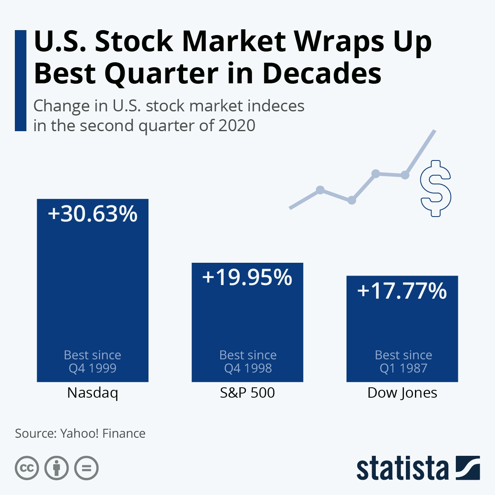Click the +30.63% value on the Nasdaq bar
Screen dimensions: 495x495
click(x=92, y=214)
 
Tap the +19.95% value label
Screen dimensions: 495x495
click(x=247, y=277)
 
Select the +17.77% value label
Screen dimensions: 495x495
click(x=402, y=290)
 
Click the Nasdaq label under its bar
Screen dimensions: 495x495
click(x=92, y=393)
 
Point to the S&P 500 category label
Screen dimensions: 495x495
click(x=247, y=393)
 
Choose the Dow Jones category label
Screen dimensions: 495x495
click(x=402, y=393)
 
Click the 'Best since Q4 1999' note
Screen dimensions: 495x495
click(x=92, y=361)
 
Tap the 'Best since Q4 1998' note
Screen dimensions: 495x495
click(x=248, y=361)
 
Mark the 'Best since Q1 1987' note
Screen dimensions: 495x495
click(x=403, y=361)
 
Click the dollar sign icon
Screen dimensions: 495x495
click(x=435, y=189)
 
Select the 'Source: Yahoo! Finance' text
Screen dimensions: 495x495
click(x=80, y=434)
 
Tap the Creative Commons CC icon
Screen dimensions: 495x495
click(x=27, y=468)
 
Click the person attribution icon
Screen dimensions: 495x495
click(x=57, y=468)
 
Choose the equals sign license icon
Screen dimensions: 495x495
click(x=86, y=468)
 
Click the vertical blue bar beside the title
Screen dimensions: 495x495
click(x=21, y=80)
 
